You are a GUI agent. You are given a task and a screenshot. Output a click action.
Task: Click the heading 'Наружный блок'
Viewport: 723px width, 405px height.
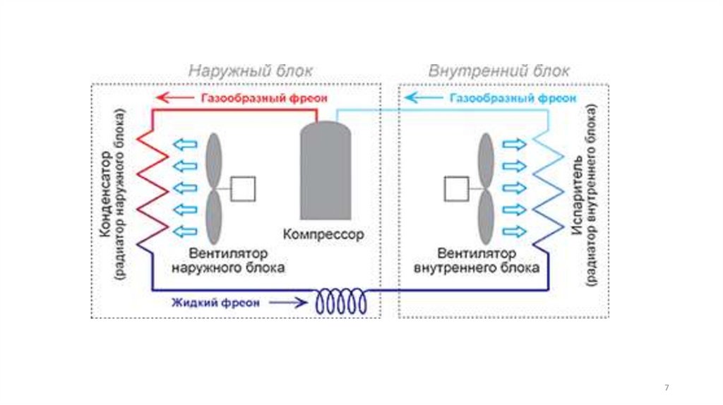click(251, 71)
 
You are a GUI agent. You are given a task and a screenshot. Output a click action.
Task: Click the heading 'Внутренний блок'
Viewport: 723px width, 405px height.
click(498, 71)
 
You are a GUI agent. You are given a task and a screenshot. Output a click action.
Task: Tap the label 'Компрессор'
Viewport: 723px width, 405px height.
click(324, 234)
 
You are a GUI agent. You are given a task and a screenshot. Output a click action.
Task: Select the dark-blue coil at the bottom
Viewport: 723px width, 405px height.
click(342, 302)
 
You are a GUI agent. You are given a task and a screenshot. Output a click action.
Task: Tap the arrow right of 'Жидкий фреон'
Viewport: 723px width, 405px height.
click(289, 303)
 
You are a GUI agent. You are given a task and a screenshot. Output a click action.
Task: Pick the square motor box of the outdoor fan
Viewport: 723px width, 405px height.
click(244, 188)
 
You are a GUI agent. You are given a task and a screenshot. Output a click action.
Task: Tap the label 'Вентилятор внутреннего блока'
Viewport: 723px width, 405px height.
click(477, 260)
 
